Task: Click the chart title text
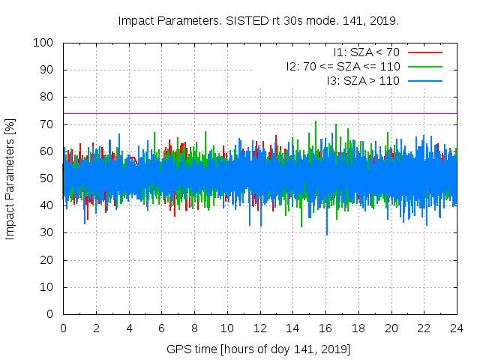pos(259,20)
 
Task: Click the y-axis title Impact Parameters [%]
pos(10,178)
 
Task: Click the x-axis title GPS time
pos(259,349)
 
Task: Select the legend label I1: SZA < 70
pos(367,52)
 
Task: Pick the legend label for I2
pos(343,66)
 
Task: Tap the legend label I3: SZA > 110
pos(363,80)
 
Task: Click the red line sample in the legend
pos(424,52)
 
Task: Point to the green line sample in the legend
pos(424,66)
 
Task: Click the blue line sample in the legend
pos(424,80)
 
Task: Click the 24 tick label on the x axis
pos(457,328)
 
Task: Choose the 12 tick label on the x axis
pos(259,328)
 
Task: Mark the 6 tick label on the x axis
pos(161,328)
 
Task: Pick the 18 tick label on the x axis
pos(358,328)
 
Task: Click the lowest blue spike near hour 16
pos(326,234)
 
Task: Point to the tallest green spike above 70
pos(316,122)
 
